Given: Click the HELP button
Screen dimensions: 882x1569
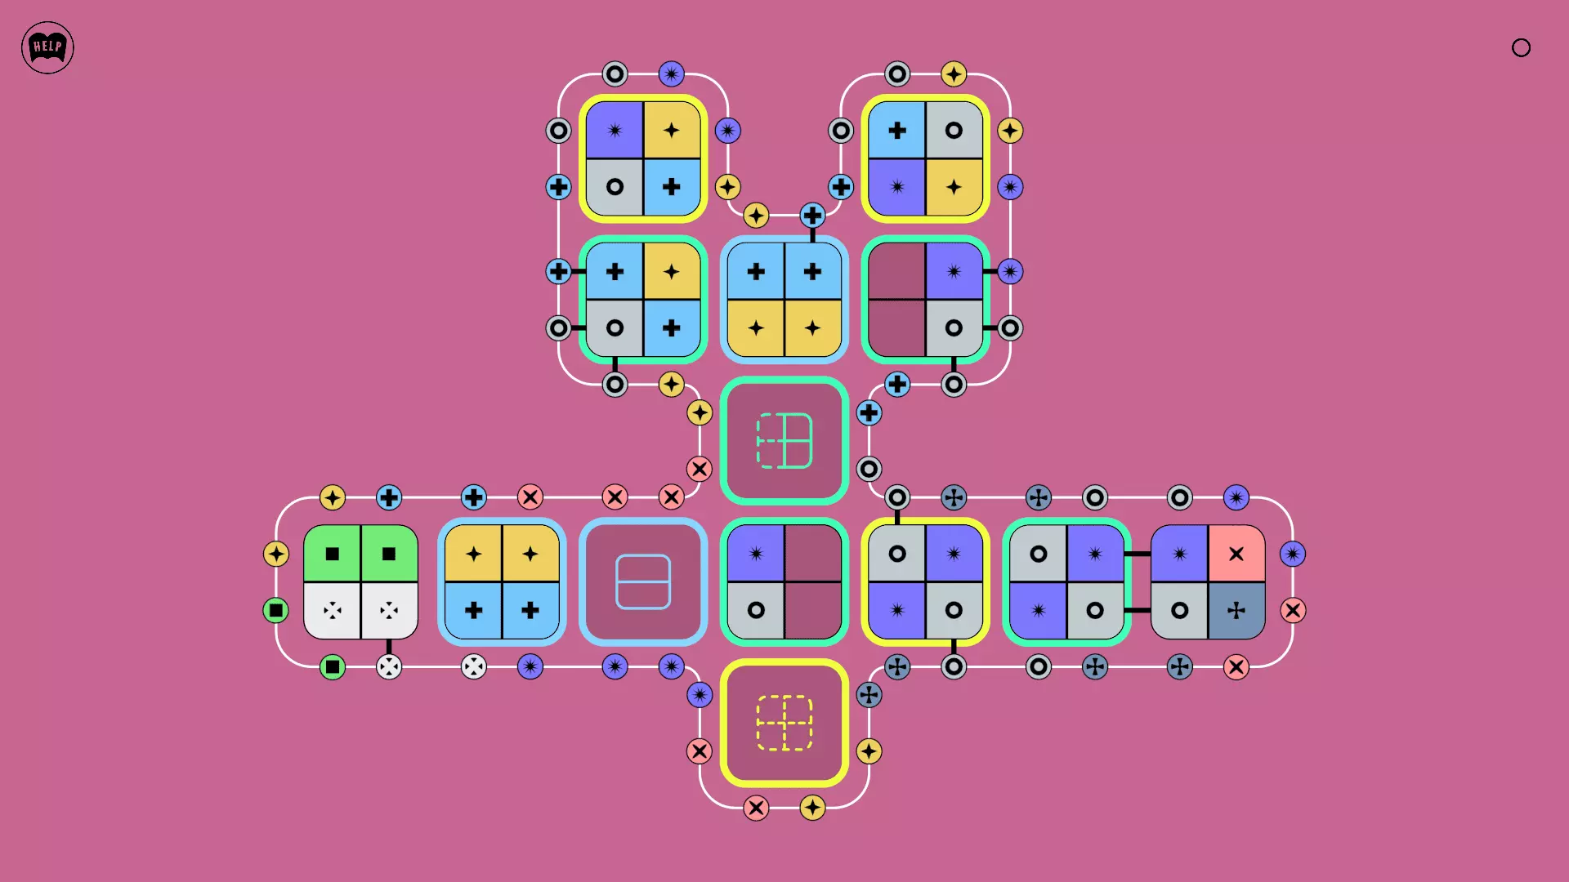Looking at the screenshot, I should (47, 47).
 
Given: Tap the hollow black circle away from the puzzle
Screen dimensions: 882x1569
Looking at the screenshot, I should (1521, 48).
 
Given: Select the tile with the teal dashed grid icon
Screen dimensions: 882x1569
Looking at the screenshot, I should (784, 441).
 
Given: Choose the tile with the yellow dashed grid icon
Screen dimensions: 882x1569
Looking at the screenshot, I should (784, 723).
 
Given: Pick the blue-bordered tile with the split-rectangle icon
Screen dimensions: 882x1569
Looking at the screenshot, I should (643, 581).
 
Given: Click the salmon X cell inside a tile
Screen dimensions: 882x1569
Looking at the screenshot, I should (1236, 554).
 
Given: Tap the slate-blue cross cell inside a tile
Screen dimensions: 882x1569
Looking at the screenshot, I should (1236, 610).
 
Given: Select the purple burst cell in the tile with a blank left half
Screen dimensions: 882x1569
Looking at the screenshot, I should (954, 271).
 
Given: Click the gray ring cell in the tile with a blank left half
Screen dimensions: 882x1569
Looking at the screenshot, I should (954, 327).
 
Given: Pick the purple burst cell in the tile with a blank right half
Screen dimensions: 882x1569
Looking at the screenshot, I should (756, 554).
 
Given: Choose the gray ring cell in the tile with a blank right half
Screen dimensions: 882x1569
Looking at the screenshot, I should (756, 610).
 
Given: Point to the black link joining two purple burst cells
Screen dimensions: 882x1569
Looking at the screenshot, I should (1137, 554).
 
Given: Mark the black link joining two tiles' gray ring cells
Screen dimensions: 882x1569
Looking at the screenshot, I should (1137, 610).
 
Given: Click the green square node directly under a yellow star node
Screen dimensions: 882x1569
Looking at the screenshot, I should (276, 610).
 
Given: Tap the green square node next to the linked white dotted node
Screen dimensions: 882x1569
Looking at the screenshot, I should (333, 666).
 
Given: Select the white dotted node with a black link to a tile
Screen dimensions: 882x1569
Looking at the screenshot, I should (389, 666).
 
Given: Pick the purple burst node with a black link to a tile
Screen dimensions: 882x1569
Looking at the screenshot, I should (1010, 271).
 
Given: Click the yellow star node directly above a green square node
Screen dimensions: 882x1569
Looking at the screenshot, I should (276, 554).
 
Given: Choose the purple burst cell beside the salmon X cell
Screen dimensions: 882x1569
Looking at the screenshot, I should (1179, 554).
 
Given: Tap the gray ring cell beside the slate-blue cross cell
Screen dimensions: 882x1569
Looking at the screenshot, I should (1179, 610).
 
